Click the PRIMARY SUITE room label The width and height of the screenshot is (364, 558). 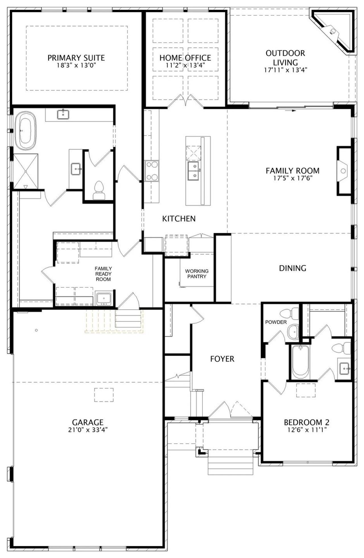(76, 58)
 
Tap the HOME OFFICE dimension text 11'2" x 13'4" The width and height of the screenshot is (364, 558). (185, 65)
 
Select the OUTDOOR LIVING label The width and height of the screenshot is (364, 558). (285, 58)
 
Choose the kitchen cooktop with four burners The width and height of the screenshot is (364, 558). (152, 171)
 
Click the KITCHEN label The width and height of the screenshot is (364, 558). (179, 219)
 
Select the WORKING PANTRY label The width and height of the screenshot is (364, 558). (197, 273)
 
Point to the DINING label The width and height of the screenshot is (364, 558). (293, 268)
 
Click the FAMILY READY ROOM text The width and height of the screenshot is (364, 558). (103, 274)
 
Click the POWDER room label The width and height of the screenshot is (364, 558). (276, 322)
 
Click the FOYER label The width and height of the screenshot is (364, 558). (222, 359)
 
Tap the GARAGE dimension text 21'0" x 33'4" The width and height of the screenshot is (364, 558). (87, 430)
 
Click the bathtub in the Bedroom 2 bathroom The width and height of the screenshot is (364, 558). (301, 361)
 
